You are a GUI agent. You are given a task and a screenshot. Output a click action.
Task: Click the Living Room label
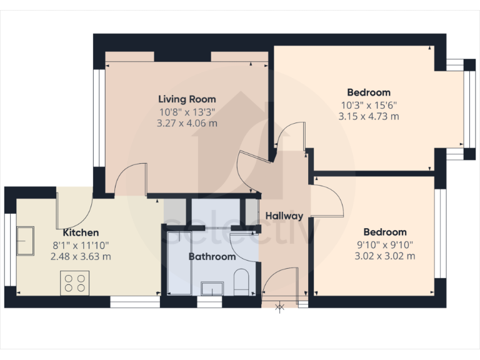[x=187, y=99]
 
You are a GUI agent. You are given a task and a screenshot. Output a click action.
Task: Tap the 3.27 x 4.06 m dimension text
[x=187, y=123]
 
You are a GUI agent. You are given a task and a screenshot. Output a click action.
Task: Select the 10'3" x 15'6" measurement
[x=369, y=105]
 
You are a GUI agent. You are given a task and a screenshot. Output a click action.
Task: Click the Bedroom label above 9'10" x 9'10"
[x=386, y=232]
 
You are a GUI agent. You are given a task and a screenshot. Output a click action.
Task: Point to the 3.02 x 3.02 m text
[x=386, y=256]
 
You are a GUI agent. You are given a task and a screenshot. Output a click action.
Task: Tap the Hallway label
[x=284, y=216]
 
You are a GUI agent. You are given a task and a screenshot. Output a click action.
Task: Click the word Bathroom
[x=212, y=256]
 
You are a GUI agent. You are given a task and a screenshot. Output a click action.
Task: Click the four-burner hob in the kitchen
[x=74, y=282]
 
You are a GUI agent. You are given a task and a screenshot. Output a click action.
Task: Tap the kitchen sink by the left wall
[x=26, y=241]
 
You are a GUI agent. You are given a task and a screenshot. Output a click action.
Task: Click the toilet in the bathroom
[x=241, y=281]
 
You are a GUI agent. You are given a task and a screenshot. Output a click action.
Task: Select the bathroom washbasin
[x=212, y=287]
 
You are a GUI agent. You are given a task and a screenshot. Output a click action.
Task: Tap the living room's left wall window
[x=98, y=117]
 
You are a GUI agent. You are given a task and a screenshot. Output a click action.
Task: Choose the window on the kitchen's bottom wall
[x=135, y=303]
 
